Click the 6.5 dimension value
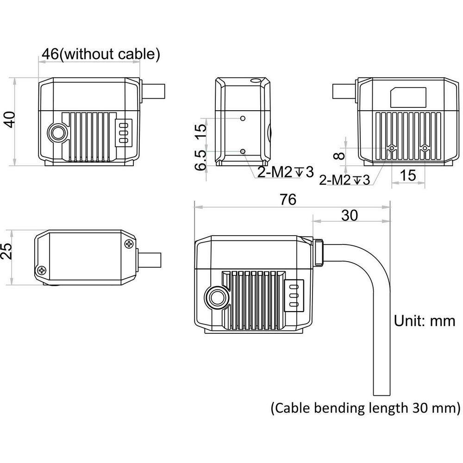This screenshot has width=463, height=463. pos(200,160)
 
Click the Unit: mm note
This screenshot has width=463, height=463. pos(425,320)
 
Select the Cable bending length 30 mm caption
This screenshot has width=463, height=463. pos(365,408)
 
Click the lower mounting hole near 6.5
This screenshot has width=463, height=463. pos(243,151)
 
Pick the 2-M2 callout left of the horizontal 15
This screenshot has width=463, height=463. pos(345,180)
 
